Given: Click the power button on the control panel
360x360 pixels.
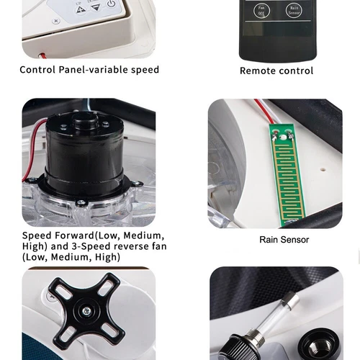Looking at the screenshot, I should click(x=112, y=5).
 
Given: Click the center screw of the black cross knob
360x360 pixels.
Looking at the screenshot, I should click(x=86, y=311).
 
